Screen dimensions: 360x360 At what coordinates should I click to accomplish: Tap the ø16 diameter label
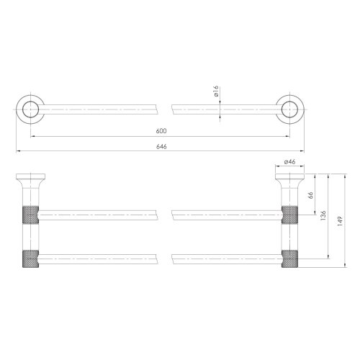(x=215, y=92)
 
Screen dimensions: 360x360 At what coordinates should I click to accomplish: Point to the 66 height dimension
(x=310, y=194)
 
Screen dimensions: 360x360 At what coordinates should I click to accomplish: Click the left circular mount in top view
(x=29, y=110)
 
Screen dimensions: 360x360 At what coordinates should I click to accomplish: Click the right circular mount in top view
(x=289, y=110)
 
